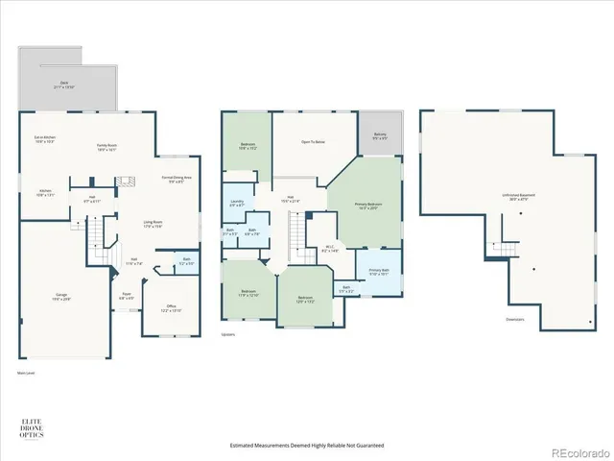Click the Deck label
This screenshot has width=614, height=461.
pos(67,85)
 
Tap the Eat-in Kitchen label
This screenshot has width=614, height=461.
pos(45,140)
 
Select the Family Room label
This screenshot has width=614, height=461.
pos(106,147)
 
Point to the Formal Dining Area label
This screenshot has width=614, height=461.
pos(177,180)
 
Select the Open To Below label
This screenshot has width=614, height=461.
pos(313,142)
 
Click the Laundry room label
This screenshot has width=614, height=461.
pos(237,203)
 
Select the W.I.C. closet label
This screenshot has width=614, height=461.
pos(331,251)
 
